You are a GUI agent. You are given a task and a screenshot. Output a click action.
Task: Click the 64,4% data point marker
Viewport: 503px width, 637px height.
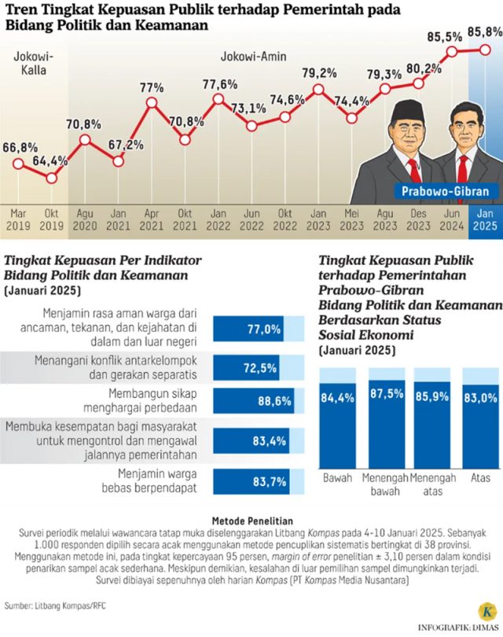(51, 178)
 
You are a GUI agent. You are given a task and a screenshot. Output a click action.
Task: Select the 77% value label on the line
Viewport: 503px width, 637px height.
(152, 88)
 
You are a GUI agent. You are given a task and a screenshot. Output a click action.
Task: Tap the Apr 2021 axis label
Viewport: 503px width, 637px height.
(152, 219)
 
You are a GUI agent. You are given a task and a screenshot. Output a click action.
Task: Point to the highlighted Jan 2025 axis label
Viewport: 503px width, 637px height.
(485, 219)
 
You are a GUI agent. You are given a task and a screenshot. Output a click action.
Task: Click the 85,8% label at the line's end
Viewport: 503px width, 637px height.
(484, 32)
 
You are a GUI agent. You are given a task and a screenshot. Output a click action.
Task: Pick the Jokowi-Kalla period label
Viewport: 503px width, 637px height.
(30, 63)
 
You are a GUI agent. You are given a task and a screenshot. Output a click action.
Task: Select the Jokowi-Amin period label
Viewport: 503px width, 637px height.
(253, 57)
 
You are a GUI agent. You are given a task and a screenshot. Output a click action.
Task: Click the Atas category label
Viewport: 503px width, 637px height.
(480, 477)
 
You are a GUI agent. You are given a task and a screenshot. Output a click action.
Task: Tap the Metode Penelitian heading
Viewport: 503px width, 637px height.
(252, 520)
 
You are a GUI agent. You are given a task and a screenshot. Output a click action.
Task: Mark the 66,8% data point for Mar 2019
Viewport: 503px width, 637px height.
(17, 164)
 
